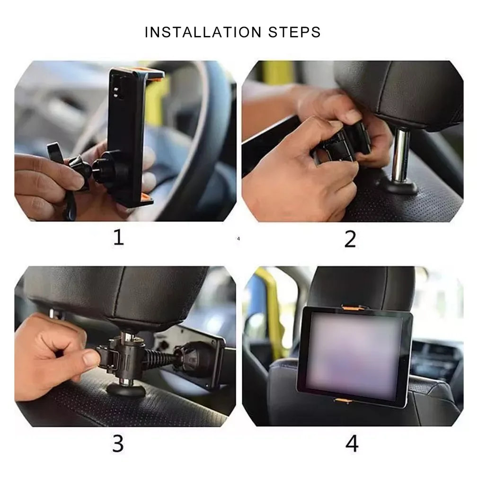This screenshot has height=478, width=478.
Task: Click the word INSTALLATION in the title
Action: [x=203, y=32]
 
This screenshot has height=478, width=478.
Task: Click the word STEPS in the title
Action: [x=294, y=32]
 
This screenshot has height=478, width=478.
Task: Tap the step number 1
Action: [x=119, y=238]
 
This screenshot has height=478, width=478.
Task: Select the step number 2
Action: [x=350, y=239]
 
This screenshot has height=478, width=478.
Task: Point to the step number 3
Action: [x=118, y=443]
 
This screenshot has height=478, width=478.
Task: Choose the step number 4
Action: [x=352, y=443]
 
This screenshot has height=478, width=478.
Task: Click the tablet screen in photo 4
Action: [x=354, y=355]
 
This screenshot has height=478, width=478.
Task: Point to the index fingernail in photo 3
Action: [x=91, y=358]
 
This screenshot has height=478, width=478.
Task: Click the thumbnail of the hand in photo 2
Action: [x=353, y=115]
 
